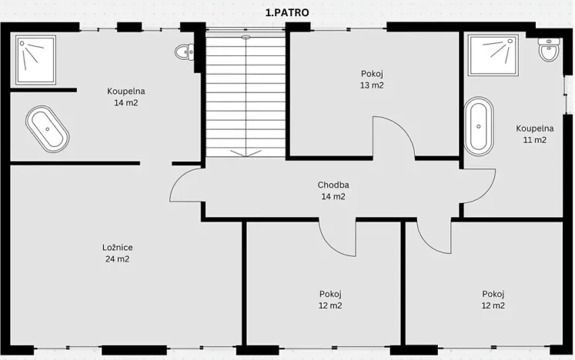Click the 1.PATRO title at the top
287,12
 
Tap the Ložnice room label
117,248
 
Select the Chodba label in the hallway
333,185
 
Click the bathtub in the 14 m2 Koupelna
47,129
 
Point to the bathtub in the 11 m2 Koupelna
479,126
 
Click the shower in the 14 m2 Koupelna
35,60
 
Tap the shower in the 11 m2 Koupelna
493,55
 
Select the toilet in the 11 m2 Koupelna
549,49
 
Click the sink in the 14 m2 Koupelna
185,52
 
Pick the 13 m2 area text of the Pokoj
372,85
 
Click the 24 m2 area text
117,259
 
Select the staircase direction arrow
246,152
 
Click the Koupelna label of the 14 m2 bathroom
125,91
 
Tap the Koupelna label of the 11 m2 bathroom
535,128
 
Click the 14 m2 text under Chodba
333,196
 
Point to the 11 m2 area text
535,140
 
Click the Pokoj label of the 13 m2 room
372,74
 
